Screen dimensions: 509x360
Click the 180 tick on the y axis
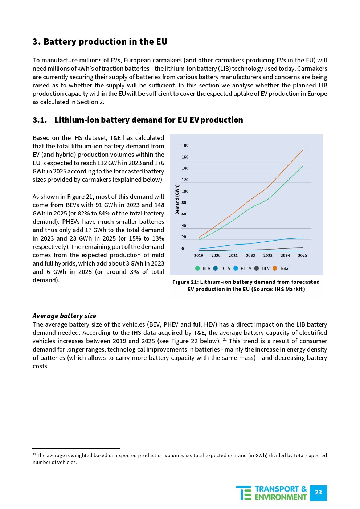pos(185,145)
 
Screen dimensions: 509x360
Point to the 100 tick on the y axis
pos(185,191)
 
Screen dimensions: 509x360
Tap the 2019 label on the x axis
pos(199,255)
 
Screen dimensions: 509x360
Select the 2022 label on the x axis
pos(250,255)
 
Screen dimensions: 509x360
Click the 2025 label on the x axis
pos(302,255)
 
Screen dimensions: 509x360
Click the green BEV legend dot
pos(197,268)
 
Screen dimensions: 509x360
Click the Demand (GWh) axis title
pos(177,200)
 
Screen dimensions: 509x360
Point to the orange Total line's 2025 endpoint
pos(302,151)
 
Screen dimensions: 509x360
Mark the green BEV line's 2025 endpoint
pos(302,167)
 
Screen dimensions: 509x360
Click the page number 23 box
pos(318,493)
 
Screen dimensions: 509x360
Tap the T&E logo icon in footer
pos(244,493)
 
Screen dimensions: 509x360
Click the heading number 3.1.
pos(40,120)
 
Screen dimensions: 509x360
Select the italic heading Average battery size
pos(64,316)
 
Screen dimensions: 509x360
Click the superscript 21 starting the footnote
pos(34,455)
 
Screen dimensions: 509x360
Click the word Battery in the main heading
pos(60,42)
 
